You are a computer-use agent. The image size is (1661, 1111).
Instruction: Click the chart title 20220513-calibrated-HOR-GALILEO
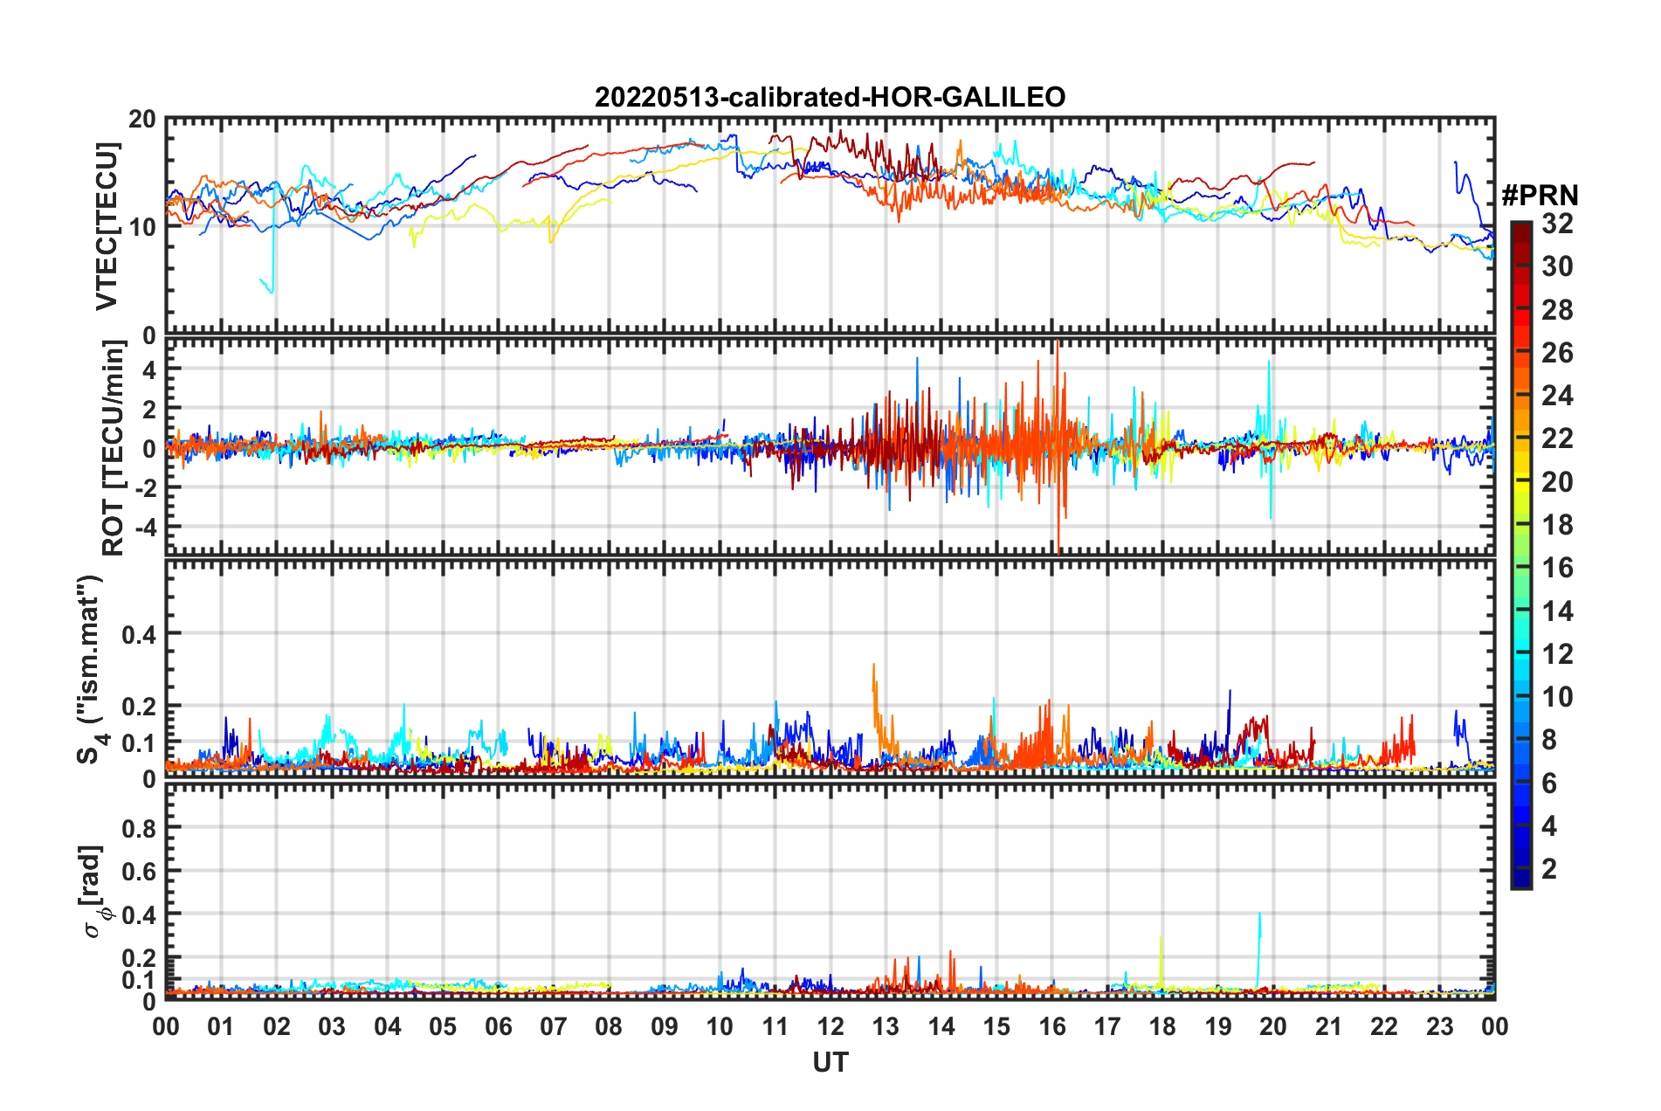830,97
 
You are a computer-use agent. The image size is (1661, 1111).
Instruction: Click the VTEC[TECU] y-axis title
107,226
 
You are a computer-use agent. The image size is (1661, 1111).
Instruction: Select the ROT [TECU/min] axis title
113,448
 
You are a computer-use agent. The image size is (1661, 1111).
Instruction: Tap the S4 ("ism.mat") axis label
91,669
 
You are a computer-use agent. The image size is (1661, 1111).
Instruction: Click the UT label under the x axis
830,1062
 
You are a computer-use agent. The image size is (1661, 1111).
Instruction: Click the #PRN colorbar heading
1540,196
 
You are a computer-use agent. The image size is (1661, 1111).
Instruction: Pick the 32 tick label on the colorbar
1557,224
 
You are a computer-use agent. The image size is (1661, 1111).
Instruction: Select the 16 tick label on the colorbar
1557,569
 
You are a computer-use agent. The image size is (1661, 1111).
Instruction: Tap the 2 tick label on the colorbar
1549,869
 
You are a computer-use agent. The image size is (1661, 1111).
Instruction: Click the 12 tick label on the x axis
830,1026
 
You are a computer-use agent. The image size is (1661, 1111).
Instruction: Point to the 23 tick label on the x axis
1439,1026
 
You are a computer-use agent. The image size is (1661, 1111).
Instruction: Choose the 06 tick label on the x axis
498,1026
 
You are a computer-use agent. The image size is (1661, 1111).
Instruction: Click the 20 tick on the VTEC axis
142,120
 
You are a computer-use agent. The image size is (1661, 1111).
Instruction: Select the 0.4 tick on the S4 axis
139,634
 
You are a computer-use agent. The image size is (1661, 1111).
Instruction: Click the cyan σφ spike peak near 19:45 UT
1258,914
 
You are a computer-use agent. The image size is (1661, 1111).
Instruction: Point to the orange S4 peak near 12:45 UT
873,665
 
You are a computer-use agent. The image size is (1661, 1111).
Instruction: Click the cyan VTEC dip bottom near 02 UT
272,292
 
